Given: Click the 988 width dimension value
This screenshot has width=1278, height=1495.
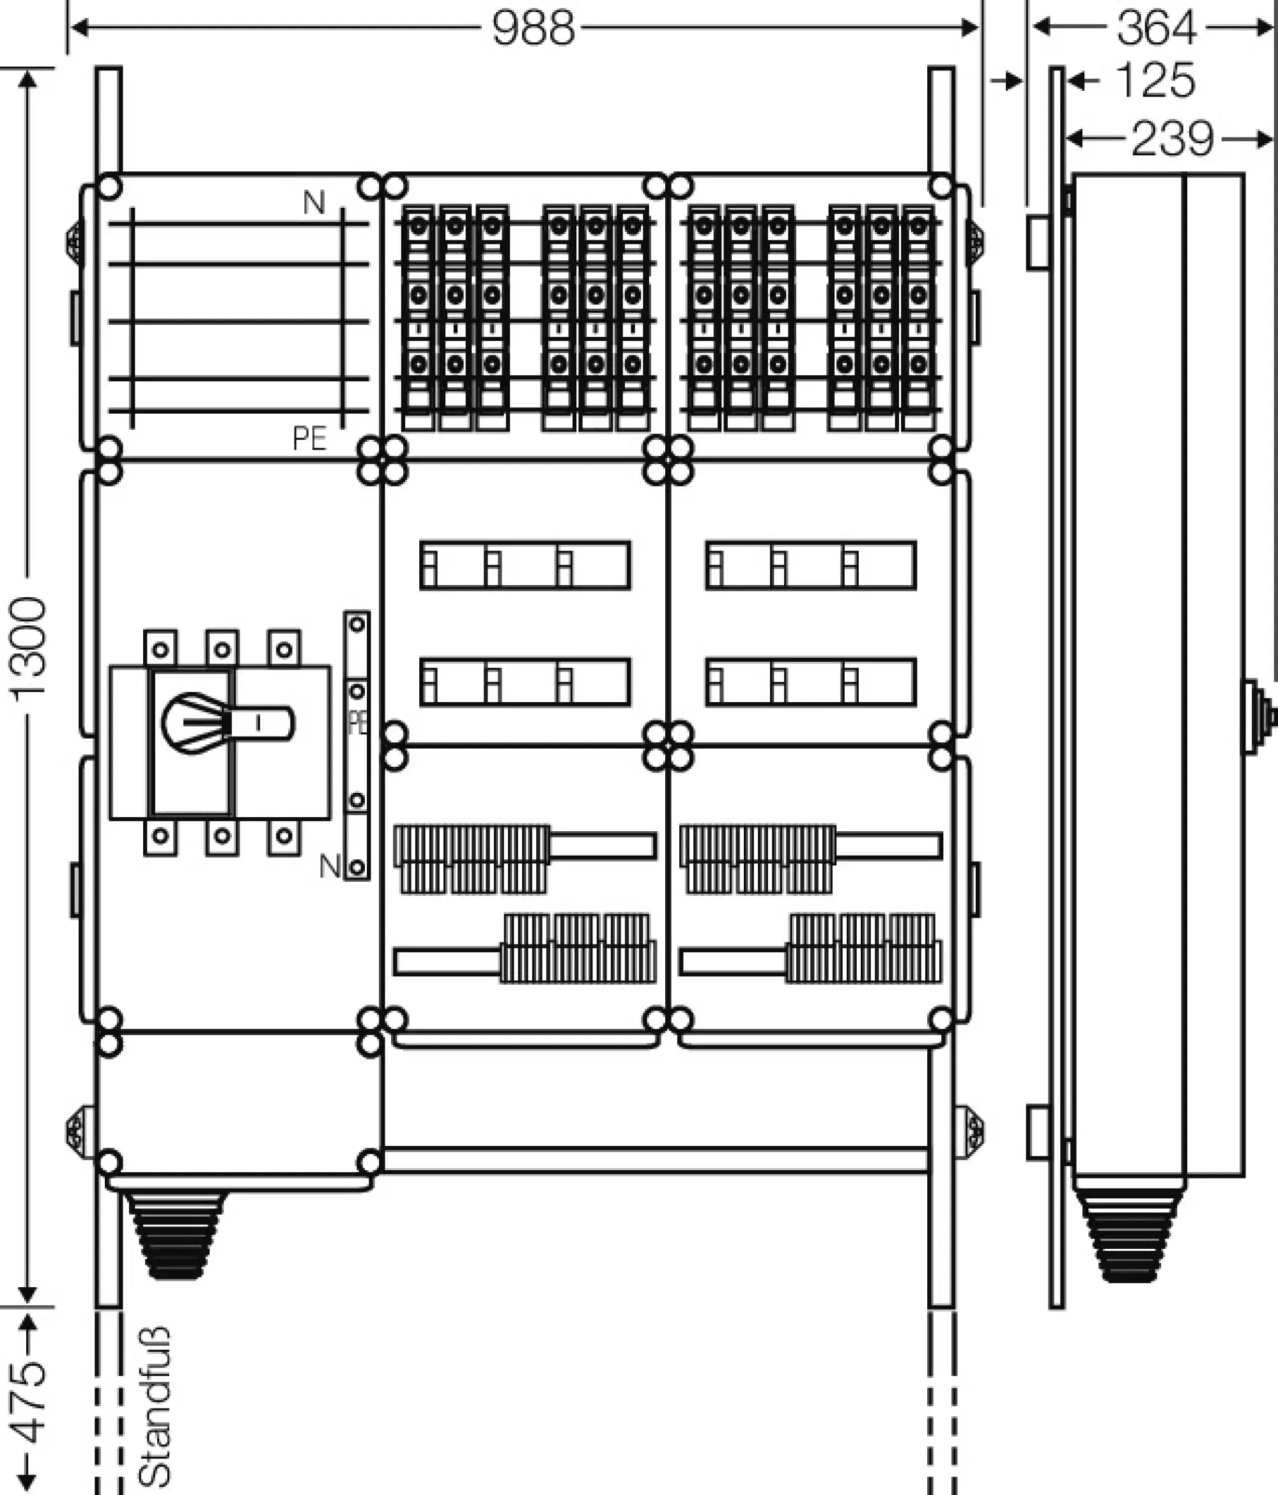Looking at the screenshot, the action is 534,29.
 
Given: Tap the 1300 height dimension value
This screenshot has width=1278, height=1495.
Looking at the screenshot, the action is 29,650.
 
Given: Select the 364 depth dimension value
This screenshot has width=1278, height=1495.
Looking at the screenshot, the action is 1157,29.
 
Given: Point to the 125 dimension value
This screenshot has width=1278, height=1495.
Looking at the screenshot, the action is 1155,80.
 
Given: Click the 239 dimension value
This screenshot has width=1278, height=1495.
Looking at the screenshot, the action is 1173,139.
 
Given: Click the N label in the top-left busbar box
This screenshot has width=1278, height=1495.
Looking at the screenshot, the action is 314,203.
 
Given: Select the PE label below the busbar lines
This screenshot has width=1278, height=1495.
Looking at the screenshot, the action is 309,438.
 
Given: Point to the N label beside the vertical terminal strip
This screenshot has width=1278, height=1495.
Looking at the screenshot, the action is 330,866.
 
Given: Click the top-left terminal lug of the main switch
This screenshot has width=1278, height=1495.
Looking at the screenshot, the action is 160,648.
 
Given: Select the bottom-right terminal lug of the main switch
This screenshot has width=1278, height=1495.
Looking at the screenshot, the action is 284,837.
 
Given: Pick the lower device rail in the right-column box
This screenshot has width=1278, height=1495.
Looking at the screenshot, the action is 811,681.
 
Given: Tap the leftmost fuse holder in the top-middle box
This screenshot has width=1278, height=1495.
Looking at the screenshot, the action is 419,317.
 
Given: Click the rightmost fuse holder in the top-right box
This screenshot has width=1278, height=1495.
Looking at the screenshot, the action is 918,317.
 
